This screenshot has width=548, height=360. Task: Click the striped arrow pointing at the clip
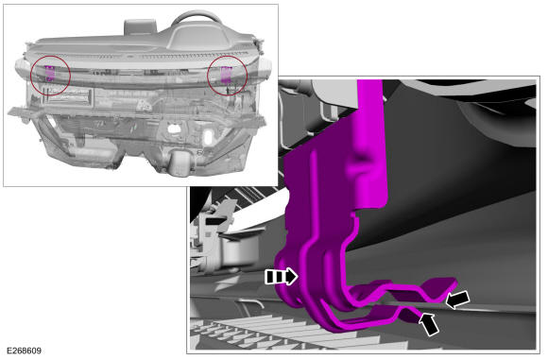(x=282, y=277)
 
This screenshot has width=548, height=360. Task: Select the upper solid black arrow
(x=458, y=300)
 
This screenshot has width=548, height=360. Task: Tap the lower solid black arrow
(x=429, y=324)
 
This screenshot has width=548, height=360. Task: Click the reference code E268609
(x=24, y=351)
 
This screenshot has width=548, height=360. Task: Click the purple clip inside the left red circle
(x=50, y=73)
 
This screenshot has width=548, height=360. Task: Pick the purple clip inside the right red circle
(x=226, y=75)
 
